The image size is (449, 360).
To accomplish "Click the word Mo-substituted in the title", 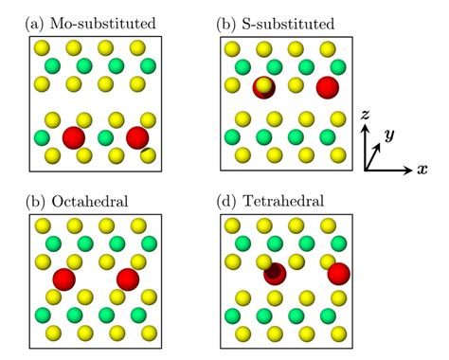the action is [102, 24].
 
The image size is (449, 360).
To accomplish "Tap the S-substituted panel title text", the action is [288, 24].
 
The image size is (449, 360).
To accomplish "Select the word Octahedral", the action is [90, 201].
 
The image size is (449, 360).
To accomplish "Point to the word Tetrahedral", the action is [283, 201].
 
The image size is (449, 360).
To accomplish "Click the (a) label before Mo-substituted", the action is [34, 24].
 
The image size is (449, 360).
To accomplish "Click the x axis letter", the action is [422, 170].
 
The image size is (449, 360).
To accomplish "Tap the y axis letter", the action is [389, 135].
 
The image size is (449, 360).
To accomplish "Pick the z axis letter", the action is [365, 115].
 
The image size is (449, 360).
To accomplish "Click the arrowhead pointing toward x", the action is [408, 171].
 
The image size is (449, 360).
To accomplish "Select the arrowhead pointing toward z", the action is [365, 128].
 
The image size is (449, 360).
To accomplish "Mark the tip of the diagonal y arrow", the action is [382, 143].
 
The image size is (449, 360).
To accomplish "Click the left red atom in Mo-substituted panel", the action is [74, 137].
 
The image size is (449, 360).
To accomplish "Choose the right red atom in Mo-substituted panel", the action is [137, 137].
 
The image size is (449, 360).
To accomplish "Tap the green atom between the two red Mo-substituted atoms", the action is [105, 138].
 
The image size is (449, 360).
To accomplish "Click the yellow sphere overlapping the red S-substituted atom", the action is [263, 86].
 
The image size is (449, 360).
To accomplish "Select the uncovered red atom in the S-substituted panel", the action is [328, 87].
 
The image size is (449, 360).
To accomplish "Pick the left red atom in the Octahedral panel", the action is [64, 279].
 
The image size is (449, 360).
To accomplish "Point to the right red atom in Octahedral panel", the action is [128, 279].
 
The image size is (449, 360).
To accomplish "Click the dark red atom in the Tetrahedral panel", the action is [275, 274].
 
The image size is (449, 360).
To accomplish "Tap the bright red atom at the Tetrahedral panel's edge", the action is [338, 274].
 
